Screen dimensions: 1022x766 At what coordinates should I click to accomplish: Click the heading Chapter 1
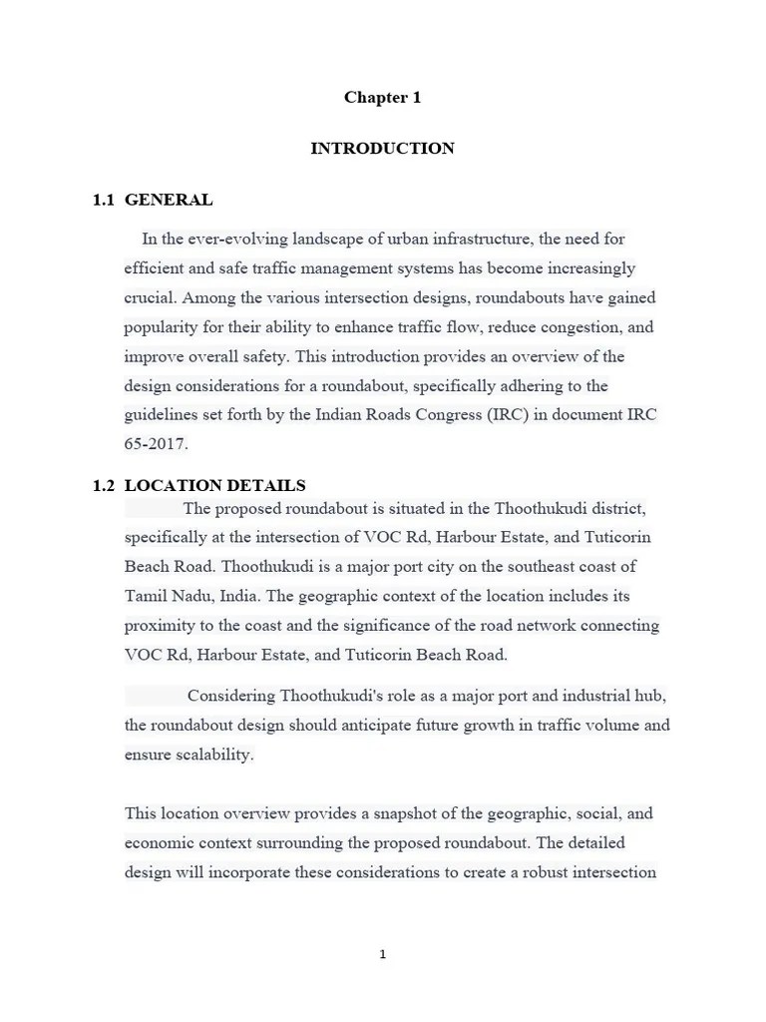[382, 97]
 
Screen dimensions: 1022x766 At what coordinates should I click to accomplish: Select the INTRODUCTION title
[382, 148]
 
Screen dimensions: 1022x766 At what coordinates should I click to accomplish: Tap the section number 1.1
[104, 200]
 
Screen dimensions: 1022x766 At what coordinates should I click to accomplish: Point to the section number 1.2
[104, 486]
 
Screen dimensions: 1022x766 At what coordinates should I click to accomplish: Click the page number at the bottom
[382, 954]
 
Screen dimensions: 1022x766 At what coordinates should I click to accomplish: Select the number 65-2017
[156, 444]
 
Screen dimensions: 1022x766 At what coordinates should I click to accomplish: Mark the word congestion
[582, 327]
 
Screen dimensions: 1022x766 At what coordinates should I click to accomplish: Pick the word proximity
[160, 626]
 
